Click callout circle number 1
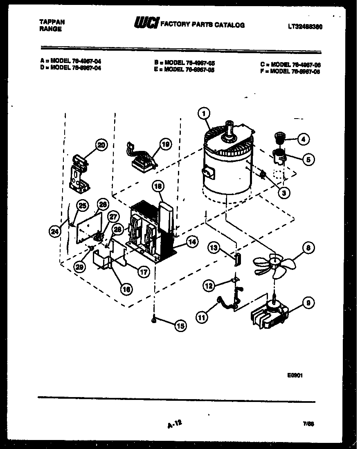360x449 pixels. [x=204, y=113]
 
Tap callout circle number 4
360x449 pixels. [x=303, y=139]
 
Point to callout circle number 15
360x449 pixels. [x=180, y=326]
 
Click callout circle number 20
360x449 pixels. [x=101, y=145]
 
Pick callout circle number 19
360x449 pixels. [x=165, y=144]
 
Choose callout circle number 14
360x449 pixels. [x=191, y=242]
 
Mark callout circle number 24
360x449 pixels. [x=54, y=232]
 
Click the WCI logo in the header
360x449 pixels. [x=146, y=24]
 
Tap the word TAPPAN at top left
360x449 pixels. [x=52, y=22]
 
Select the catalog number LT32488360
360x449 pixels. [x=305, y=27]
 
